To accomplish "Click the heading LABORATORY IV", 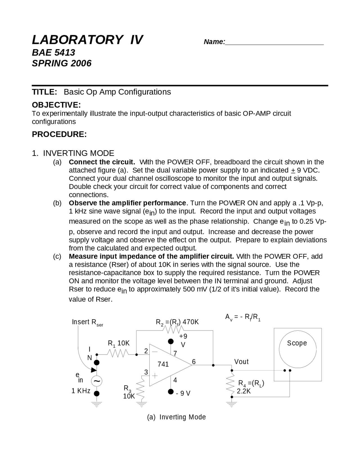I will pos(87,40).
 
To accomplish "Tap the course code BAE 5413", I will pos(53,53).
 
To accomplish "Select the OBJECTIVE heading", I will pos(56,105).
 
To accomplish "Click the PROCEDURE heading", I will pos(59,134).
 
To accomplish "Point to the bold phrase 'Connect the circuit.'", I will pos(102,162).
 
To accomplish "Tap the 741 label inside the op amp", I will pos(163,364).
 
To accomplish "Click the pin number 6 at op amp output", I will pos(194,361).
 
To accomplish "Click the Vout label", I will pos(241,362).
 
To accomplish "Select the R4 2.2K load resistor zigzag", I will pos(232,383).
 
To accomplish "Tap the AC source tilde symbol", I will pos(97,381).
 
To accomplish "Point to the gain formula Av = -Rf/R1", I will pos(243,317).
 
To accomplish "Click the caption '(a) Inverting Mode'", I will pos(176,417).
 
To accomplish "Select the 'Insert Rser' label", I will pos(87,322).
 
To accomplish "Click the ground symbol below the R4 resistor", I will pos(232,405).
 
